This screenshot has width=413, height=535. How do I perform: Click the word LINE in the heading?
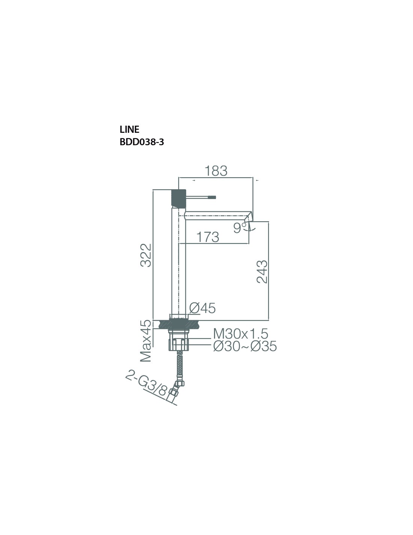pyautogui.click(x=129, y=129)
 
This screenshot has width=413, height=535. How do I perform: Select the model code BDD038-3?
pyautogui.click(x=142, y=142)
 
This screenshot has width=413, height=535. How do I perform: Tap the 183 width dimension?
pyautogui.click(x=216, y=171)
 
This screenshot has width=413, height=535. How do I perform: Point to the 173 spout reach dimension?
pyautogui.click(x=208, y=237)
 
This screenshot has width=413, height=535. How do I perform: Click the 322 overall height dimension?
pyautogui.click(x=146, y=255)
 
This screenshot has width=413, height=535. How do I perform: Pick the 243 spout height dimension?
pyautogui.click(x=262, y=272)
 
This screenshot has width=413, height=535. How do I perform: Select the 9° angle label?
pyautogui.click(x=240, y=228)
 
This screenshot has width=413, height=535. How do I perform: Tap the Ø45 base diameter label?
pyautogui.click(x=202, y=308)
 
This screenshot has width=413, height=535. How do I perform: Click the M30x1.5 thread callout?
pyautogui.click(x=241, y=334)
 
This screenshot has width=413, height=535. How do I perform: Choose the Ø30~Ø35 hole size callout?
pyautogui.click(x=245, y=346)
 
